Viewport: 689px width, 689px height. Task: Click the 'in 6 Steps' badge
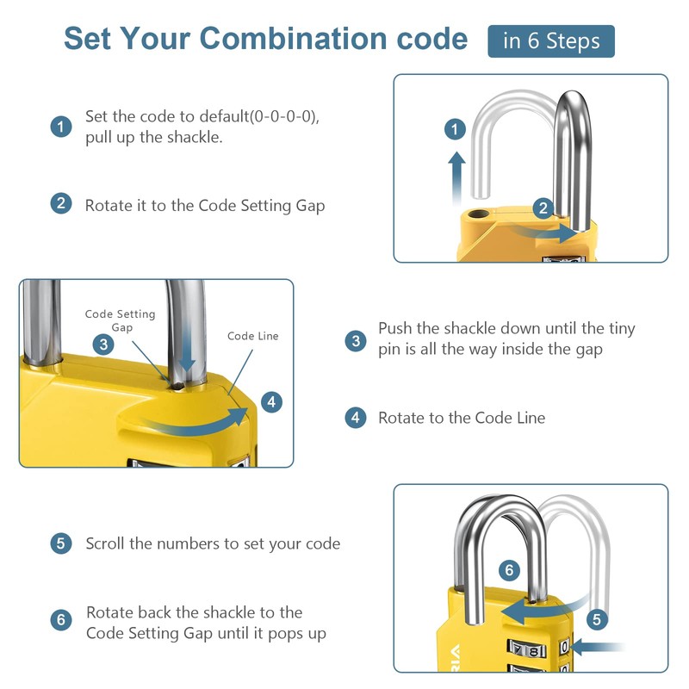tap(551, 41)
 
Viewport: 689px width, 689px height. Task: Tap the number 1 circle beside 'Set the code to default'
tap(60, 127)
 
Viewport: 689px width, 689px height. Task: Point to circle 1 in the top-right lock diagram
tap(455, 130)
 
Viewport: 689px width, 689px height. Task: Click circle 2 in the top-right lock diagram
tap(543, 208)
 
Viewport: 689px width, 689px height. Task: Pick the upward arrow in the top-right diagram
tap(456, 177)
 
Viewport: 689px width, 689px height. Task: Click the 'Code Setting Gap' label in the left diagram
tap(121, 320)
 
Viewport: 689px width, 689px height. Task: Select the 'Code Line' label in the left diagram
tap(253, 336)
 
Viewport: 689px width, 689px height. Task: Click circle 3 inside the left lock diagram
tap(103, 344)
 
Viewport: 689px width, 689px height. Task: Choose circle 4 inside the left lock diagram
tap(270, 401)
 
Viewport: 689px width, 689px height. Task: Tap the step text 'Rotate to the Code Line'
tap(462, 418)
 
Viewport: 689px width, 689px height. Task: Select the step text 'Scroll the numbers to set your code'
tap(213, 543)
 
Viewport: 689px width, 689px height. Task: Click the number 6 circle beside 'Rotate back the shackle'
tap(60, 620)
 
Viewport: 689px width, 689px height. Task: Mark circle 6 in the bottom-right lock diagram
tap(509, 570)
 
